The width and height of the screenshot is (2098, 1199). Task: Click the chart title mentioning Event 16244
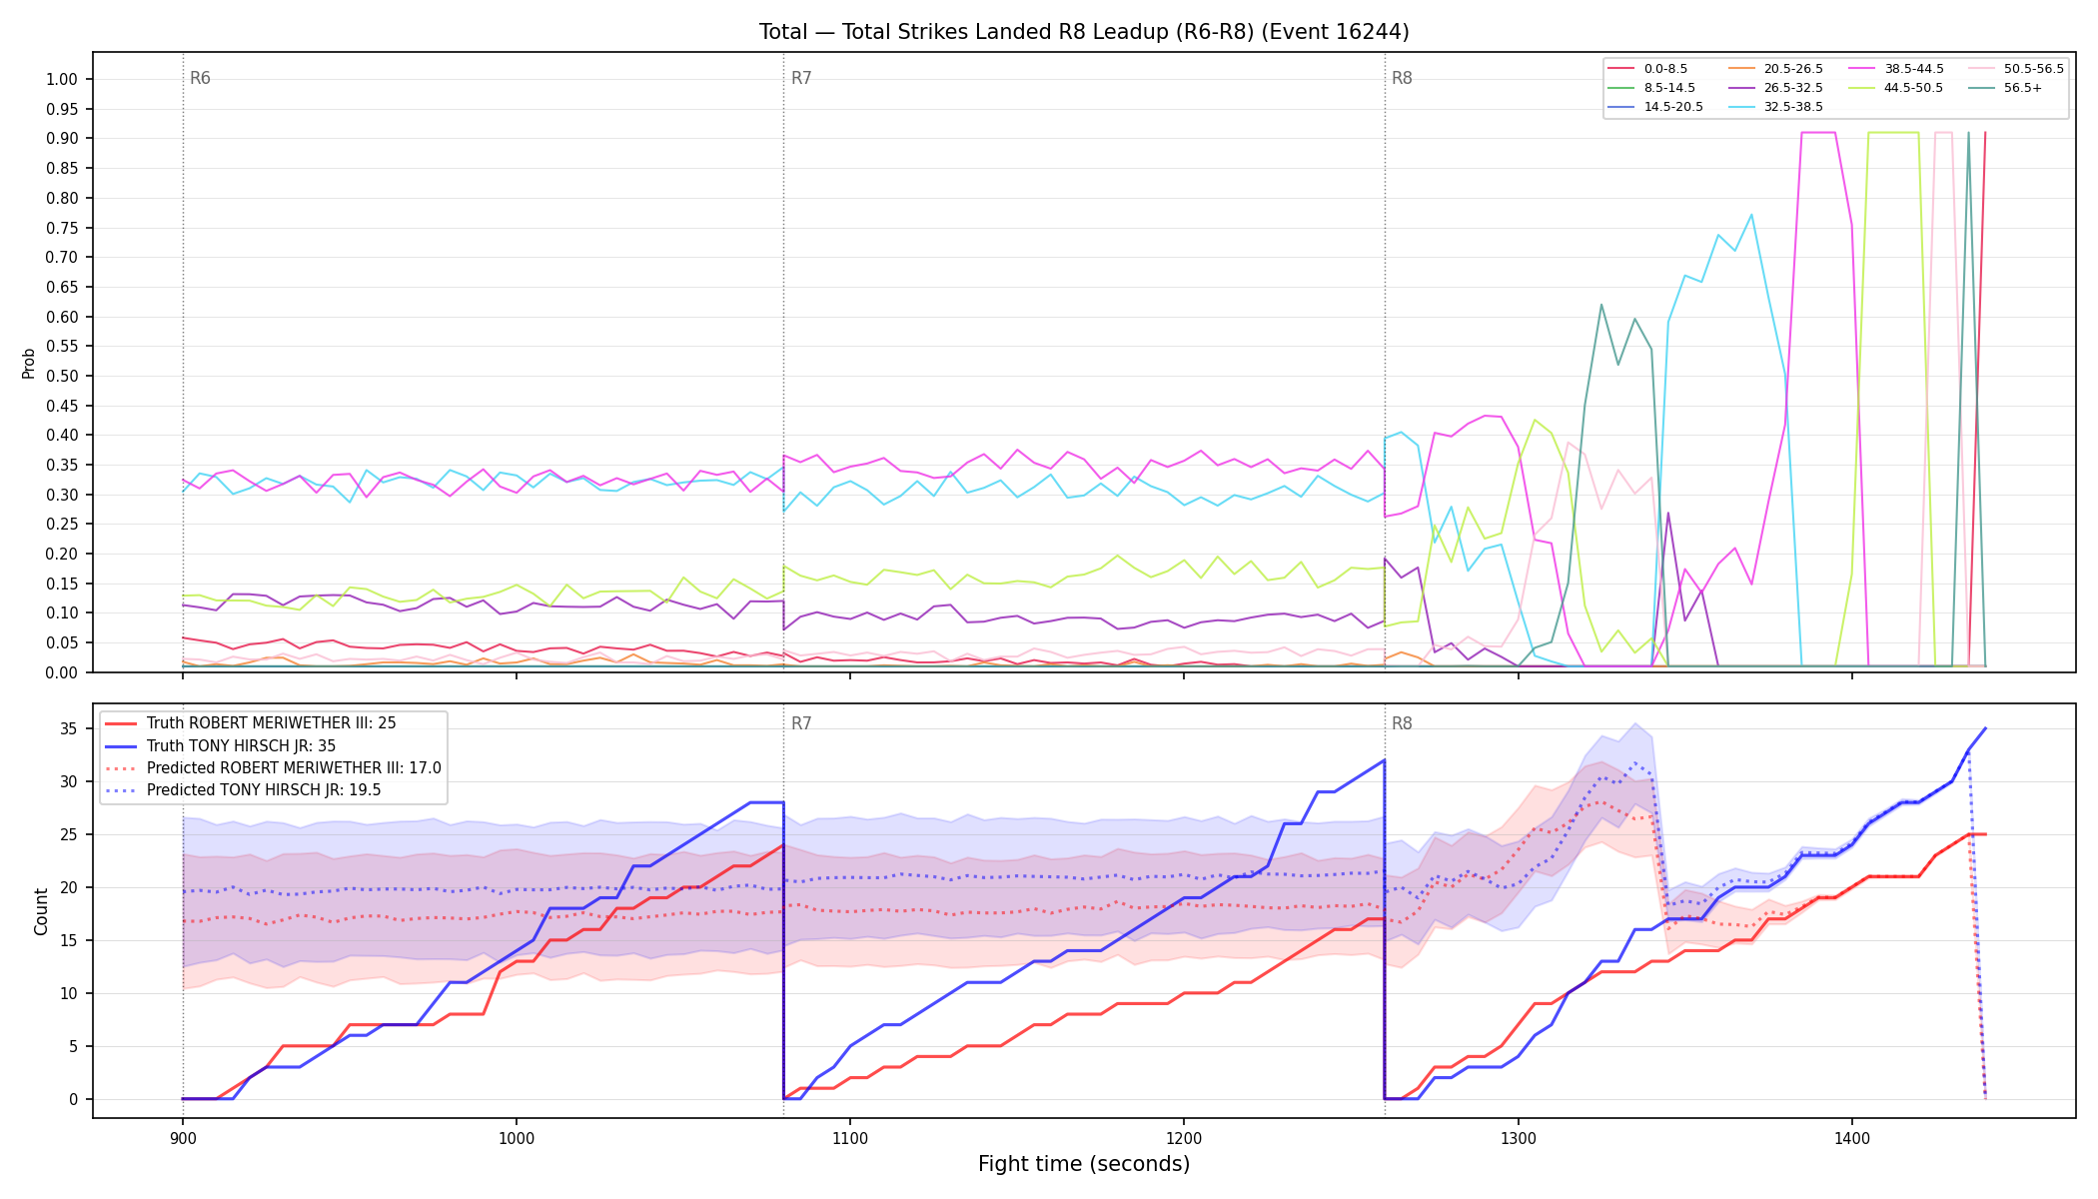(x=1084, y=32)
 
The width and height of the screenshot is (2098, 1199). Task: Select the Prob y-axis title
(x=29, y=363)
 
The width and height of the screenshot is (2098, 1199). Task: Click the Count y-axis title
(x=41, y=911)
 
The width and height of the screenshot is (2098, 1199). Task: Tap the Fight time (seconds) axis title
(x=1084, y=1164)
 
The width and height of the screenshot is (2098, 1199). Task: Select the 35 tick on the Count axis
(x=69, y=729)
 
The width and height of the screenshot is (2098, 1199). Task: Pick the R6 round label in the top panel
(x=200, y=78)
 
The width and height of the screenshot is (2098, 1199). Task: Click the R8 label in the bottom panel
(x=1402, y=723)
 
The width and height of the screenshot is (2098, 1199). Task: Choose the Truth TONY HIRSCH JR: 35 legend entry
(x=241, y=745)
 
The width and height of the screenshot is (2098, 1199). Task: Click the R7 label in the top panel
(x=801, y=78)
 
